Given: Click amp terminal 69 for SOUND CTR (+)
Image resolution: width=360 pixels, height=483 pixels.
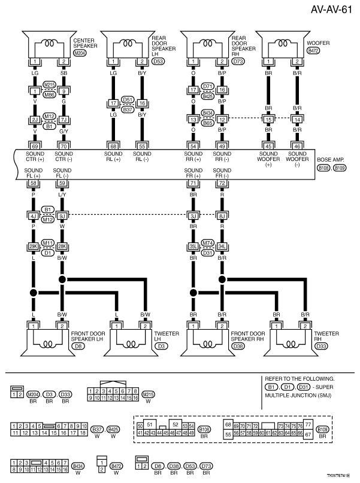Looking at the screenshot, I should coord(35,145).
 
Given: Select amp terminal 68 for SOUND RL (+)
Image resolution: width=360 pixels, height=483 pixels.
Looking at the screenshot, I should coord(113,145).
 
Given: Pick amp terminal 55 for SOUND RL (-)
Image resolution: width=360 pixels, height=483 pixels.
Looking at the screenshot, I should coord(142,145).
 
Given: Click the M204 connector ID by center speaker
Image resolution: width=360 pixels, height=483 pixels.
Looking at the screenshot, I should coord(79,53).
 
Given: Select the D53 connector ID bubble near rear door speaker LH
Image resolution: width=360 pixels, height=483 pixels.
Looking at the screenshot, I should coord(158,61).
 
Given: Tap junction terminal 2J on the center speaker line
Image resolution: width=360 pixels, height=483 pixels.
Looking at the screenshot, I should coord(35,119).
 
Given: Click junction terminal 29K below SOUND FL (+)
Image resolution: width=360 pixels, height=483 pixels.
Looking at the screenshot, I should coord(35,246).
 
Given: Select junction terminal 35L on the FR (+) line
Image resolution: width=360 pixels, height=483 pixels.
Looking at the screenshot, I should coord(193,246).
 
